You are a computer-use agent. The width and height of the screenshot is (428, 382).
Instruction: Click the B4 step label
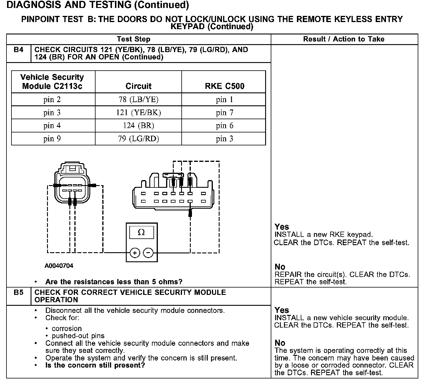(18, 50)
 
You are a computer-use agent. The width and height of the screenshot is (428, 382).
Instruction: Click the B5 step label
(18, 293)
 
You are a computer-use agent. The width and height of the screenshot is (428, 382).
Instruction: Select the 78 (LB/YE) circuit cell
(138, 99)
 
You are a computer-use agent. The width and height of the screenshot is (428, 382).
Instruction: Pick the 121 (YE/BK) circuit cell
(138, 112)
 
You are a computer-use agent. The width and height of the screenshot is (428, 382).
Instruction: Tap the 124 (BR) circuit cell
(138, 126)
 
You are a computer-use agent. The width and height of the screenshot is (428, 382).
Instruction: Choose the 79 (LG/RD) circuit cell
(138, 139)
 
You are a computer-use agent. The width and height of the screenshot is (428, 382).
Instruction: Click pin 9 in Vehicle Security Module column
(52, 139)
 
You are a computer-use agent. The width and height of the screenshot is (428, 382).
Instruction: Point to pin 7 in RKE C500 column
(224, 112)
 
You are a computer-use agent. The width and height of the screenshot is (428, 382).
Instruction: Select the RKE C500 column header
(224, 86)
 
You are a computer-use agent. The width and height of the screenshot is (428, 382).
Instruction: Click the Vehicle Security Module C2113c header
(52, 82)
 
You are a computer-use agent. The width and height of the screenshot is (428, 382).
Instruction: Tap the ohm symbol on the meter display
(141, 232)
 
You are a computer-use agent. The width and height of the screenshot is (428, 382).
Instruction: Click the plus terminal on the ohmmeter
(135, 253)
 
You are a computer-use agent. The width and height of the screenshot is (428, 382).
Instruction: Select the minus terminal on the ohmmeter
(148, 253)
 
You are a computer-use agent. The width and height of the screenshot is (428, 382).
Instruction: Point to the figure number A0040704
(59, 266)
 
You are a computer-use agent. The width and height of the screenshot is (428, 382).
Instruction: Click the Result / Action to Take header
(344, 39)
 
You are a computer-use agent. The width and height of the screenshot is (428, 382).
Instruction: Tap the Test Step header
(133, 39)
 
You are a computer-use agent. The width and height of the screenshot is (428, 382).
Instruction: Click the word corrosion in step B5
(67, 328)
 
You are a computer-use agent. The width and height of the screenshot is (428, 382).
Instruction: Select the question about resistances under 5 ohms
(114, 282)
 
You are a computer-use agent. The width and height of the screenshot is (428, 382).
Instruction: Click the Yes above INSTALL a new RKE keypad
(282, 227)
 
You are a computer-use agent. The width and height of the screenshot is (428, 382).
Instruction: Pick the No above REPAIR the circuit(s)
(280, 267)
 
